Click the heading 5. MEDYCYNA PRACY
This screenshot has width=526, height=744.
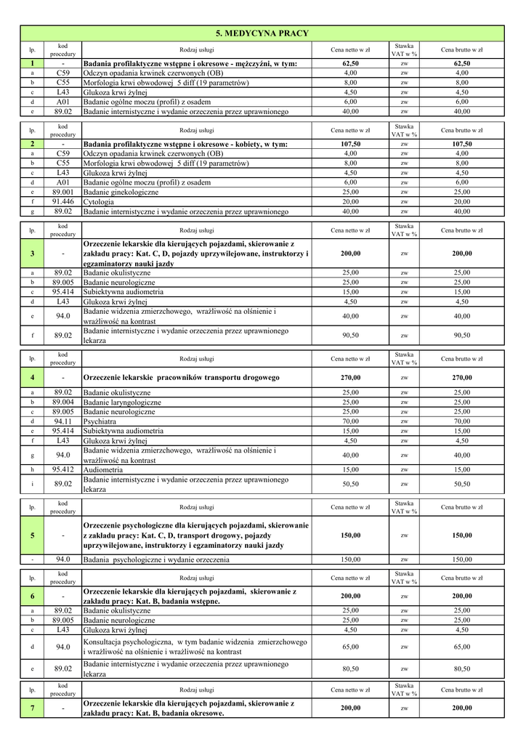pyautogui.click(x=262, y=33)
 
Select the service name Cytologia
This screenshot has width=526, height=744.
pyautogui.click(x=99, y=202)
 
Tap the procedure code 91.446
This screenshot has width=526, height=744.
pyautogui.click(x=63, y=202)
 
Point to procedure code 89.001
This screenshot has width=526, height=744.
pyautogui.click(x=63, y=193)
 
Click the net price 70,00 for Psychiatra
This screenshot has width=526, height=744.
pyautogui.click(x=350, y=421)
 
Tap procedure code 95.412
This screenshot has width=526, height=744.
pyautogui.click(x=63, y=469)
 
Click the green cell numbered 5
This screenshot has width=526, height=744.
pyautogui.click(x=32, y=535)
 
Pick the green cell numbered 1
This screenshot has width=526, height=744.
pyautogui.click(x=32, y=64)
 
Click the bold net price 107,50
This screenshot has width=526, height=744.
pyautogui.click(x=350, y=145)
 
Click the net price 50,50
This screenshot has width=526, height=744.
pyautogui.click(x=350, y=484)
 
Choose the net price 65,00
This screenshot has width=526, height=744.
pyautogui.click(x=350, y=647)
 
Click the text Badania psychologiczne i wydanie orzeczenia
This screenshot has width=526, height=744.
pyautogui.click(x=156, y=560)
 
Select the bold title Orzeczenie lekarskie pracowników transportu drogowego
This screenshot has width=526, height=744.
pyautogui.click(x=181, y=378)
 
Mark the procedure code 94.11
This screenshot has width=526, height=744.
pyautogui.click(x=63, y=421)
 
